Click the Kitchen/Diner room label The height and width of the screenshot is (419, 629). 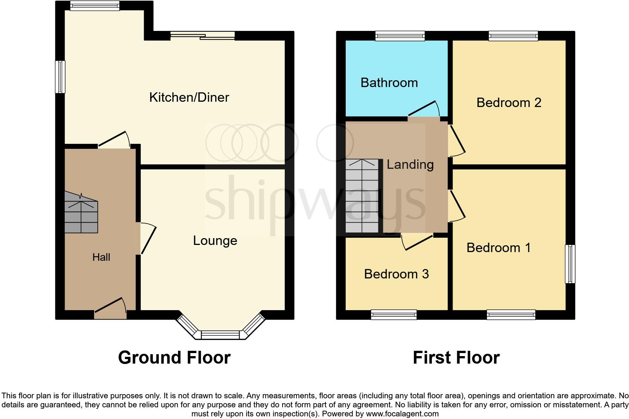click(189, 98)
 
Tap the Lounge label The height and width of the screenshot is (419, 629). click(215, 241)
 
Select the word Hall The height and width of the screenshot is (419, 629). click(101, 257)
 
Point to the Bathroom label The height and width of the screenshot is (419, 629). click(389, 83)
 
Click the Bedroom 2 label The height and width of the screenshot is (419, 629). click(509, 102)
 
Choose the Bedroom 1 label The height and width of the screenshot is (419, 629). click(498, 248)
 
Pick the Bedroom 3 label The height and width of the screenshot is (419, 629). click(396, 274)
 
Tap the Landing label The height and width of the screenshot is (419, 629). click(410, 165)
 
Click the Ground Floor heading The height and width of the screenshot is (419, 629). click(174, 358)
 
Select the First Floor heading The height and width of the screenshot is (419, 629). click(456, 358)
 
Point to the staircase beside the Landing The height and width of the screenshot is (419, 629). click(362, 196)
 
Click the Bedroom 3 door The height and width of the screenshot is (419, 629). click(418, 242)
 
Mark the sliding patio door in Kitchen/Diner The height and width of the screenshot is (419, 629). click(202, 36)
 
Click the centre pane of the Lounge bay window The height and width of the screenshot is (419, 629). click(220, 335)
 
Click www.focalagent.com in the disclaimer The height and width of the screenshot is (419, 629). click(402, 414)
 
